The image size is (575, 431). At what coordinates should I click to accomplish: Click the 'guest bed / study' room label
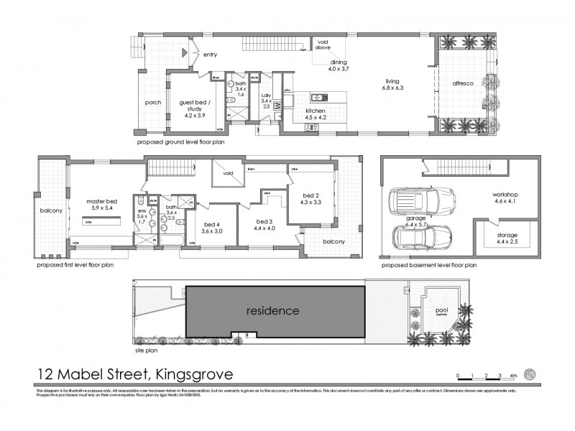pos(192,107)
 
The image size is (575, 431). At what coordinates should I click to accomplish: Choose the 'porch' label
pos(152,102)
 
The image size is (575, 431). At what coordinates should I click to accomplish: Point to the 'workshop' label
pos(505,195)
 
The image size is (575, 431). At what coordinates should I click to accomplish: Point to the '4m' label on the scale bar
pos(513,376)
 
